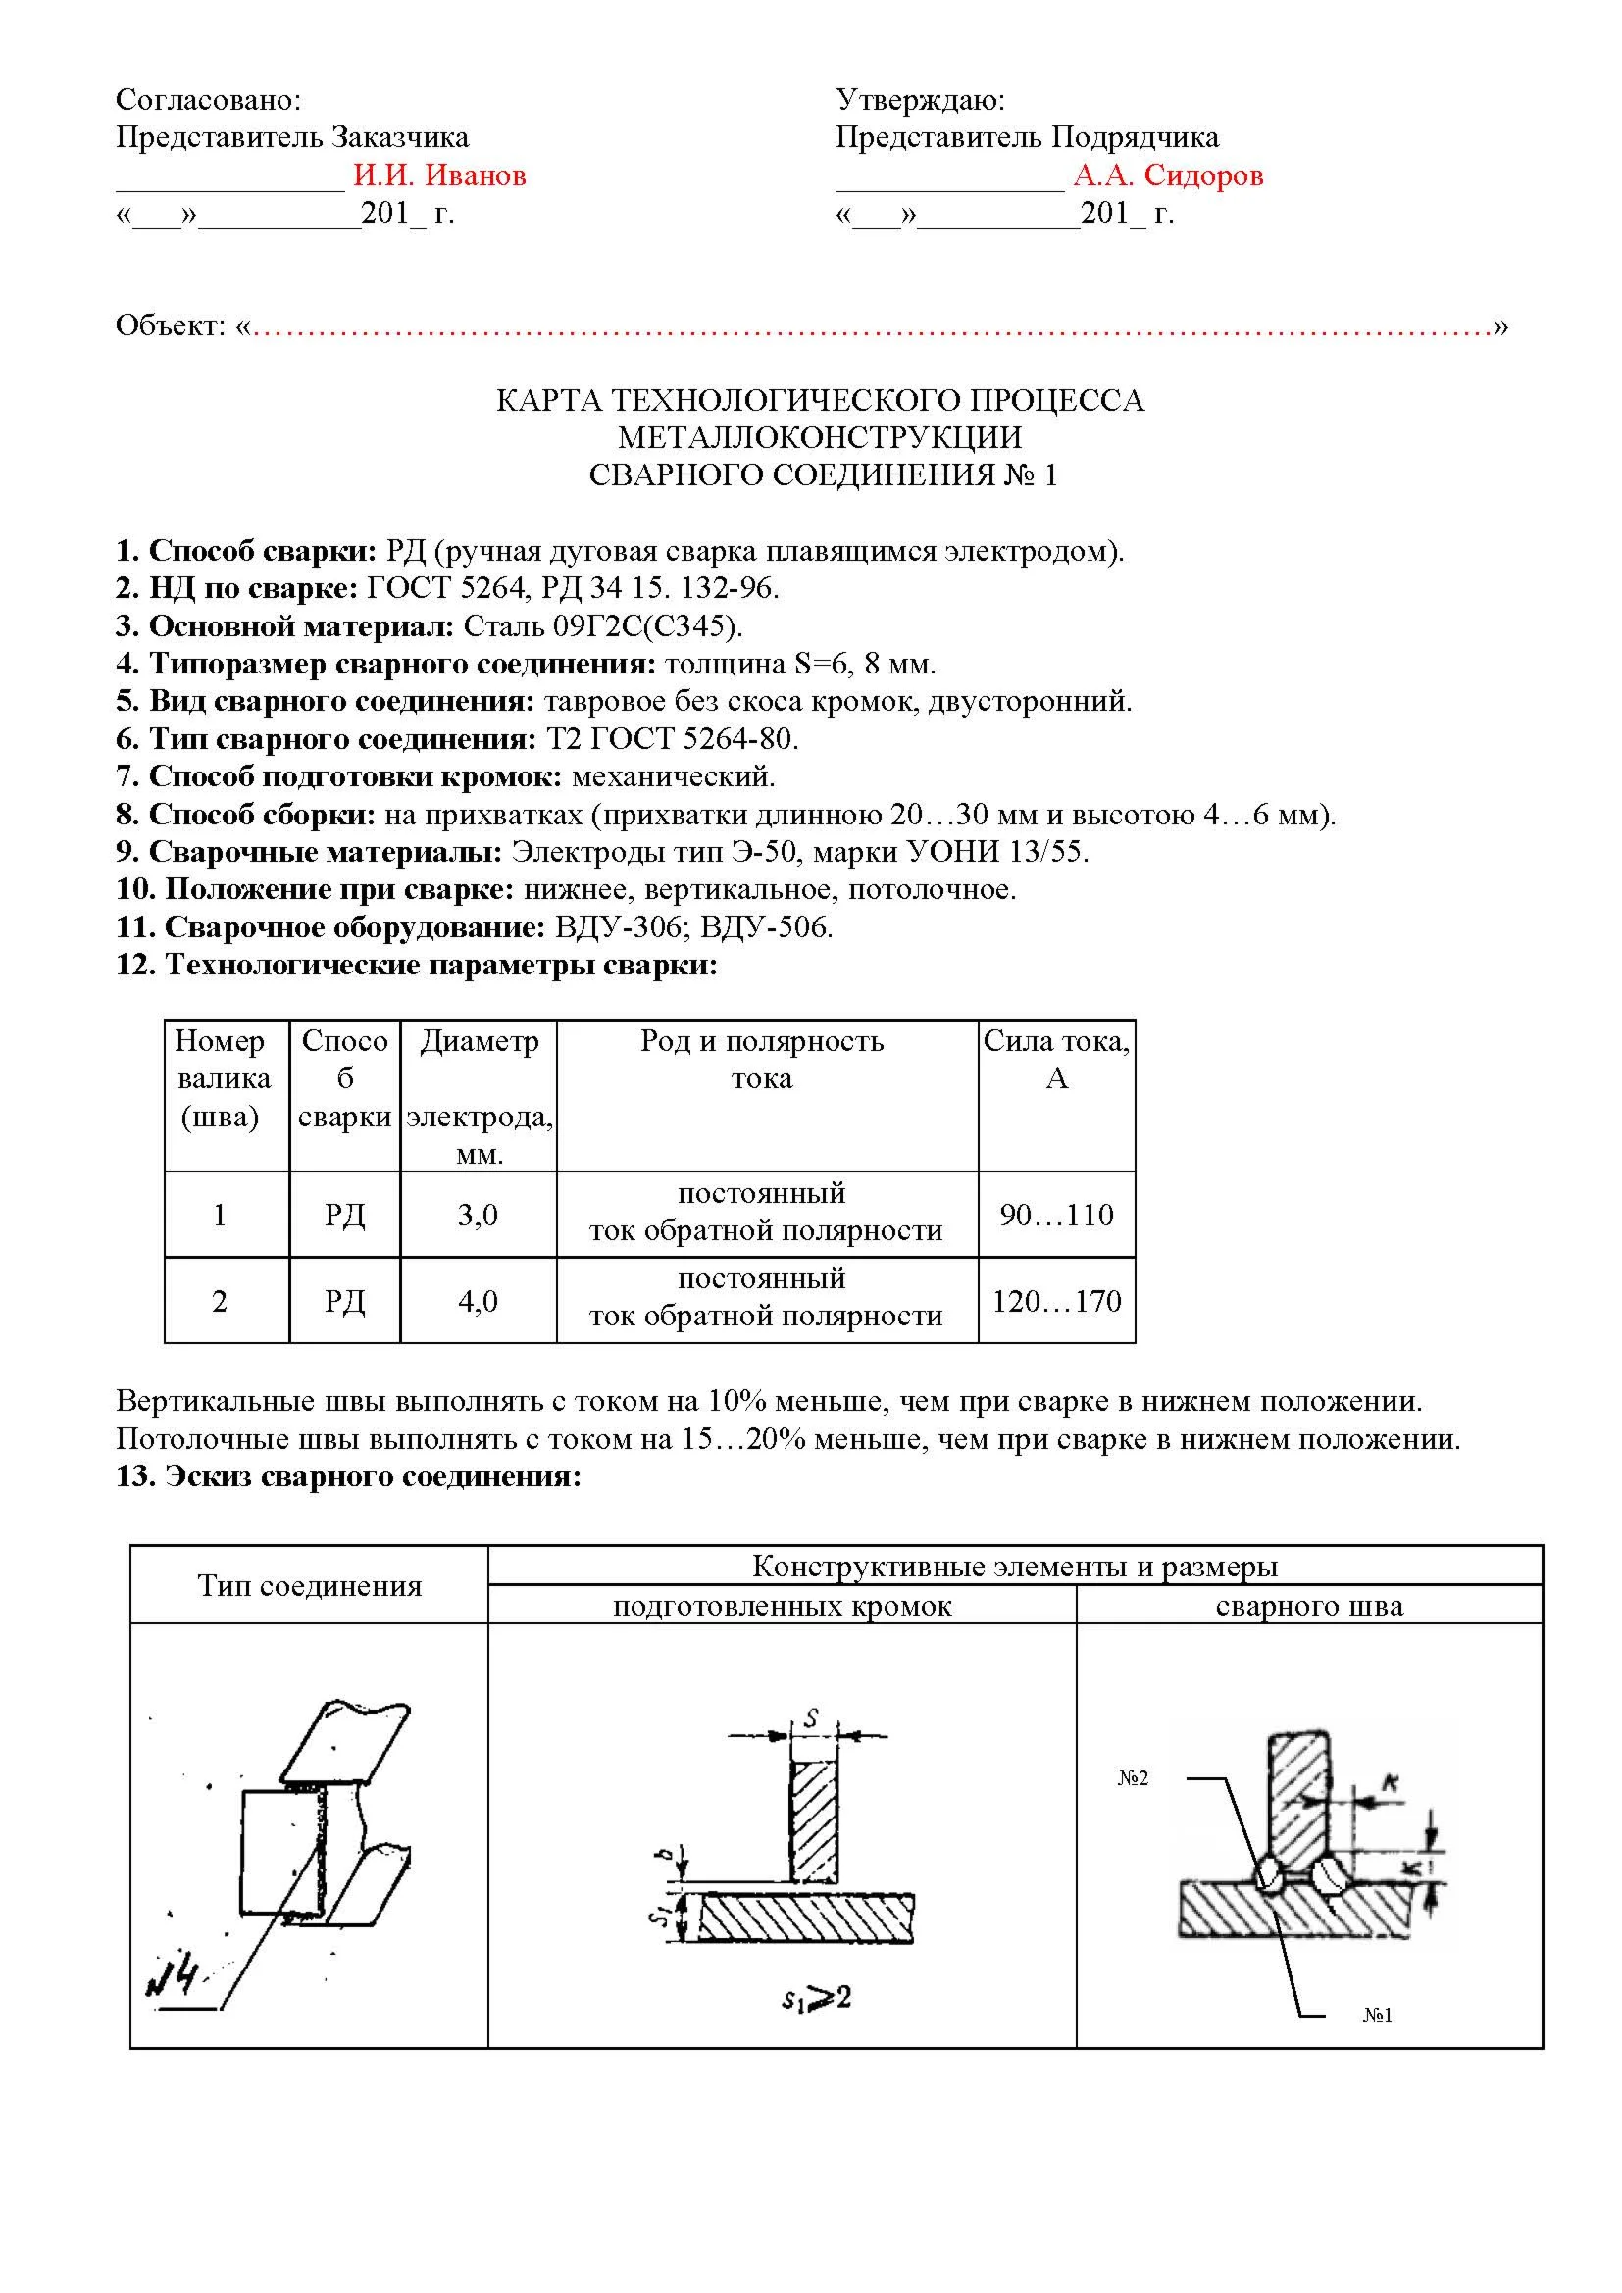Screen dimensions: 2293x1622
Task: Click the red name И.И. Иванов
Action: click(439, 175)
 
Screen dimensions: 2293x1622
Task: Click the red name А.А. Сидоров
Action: click(1168, 175)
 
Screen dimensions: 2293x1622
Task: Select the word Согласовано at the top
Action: click(208, 100)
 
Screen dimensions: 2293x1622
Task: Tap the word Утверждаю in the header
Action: click(919, 100)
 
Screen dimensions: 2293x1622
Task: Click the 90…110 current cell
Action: click(1056, 1215)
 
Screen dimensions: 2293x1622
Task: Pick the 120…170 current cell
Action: click(1056, 1300)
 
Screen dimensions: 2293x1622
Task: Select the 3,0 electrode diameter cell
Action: click(478, 1215)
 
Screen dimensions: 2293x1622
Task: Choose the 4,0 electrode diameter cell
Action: click(478, 1300)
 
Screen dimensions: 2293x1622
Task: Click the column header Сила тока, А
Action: click(1056, 1060)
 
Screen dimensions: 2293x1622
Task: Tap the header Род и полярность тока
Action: click(762, 1060)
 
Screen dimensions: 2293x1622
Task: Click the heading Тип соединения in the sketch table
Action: click(309, 1586)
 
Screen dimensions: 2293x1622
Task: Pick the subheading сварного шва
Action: click(1308, 1606)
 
